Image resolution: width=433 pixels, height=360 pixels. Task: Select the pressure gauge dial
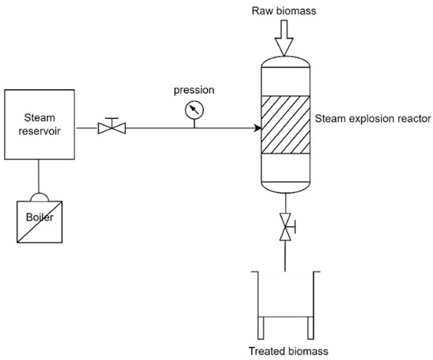click(x=193, y=112)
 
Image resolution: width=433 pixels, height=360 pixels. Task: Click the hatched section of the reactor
click(x=283, y=126)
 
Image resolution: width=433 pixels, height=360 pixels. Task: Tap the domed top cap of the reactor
click(x=283, y=61)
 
